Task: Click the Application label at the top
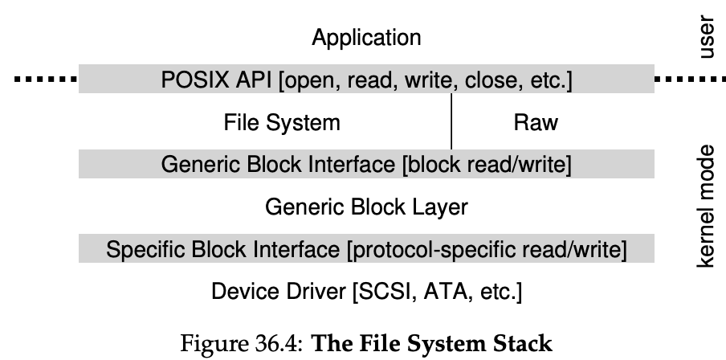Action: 365,37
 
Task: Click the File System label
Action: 281,123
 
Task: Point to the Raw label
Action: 534,123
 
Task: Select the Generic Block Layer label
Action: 365,207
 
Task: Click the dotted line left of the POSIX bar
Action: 44,80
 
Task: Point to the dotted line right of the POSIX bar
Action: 689,80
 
